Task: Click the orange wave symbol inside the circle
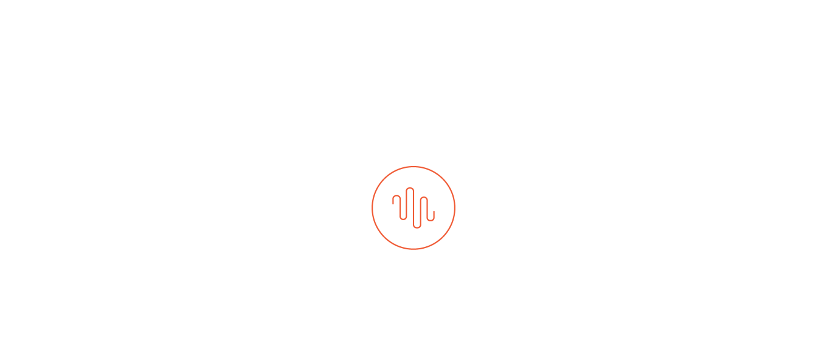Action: pyautogui.click(x=413, y=207)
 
